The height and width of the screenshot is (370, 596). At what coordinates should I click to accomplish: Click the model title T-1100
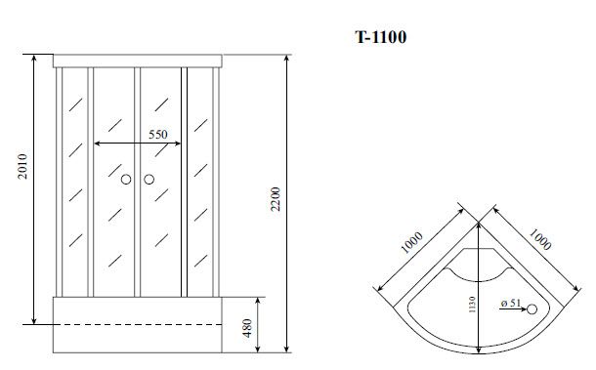tap(380, 38)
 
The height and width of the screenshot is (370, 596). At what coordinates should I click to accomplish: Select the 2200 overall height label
tap(277, 199)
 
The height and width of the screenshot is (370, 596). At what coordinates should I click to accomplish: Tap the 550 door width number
tap(158, 135)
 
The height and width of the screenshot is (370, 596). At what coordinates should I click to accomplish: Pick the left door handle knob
tap(125, 180)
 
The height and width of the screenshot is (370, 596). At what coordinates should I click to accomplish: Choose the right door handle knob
tap(149, 180)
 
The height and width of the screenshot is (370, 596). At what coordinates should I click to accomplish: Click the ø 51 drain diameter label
tap(507, 305)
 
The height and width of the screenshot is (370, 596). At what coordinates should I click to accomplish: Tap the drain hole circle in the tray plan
tap(533, 309)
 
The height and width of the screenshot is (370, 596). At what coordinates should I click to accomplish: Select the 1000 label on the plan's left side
tap(410, 241)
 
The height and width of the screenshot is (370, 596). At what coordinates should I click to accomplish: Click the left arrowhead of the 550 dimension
tap(97, 144)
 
